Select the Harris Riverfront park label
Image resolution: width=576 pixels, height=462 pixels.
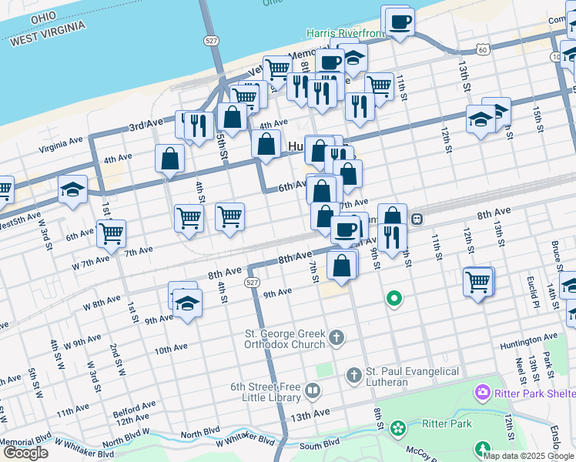(344, 33)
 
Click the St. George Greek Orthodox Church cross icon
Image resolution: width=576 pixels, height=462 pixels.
(337, 337)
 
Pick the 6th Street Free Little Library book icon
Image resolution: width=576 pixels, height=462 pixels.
(313, 391)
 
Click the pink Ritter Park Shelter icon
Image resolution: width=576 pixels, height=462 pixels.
(483, 392)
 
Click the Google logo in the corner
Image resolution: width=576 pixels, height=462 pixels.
(25, 453)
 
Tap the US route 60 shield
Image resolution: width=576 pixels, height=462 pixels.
(482, 49)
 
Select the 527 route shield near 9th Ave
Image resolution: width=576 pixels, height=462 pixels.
(252, 283)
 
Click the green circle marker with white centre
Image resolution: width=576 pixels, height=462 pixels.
(394, 298)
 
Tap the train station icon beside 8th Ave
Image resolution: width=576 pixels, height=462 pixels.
(417, 219)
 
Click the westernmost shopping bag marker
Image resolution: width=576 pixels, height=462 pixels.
(169, 159)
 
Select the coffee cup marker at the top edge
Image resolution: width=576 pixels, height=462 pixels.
(399, 21)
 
